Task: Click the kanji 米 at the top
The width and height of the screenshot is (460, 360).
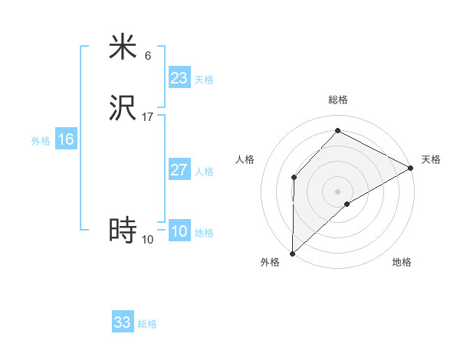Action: [123, 47]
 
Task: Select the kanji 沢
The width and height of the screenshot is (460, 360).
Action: [123, 108]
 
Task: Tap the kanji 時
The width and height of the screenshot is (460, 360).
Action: [123, 231]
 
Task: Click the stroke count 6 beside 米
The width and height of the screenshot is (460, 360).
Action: [148, 56]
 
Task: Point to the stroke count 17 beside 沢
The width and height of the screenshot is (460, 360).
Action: [148, 117]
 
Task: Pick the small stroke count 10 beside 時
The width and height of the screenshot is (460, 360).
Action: [148, 240]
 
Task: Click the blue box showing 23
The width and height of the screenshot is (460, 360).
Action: [179, 78]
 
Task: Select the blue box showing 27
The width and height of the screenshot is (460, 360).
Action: [179, 170]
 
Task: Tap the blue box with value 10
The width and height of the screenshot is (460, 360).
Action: [179, 231]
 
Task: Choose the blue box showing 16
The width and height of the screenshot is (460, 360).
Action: [66, 139]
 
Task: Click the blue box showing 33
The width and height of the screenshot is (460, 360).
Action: [123, 322]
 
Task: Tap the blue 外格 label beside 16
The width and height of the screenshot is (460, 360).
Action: [41, 141]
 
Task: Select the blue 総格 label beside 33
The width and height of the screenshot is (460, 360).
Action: [148, 324]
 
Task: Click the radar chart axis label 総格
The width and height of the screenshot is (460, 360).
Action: [338, 100]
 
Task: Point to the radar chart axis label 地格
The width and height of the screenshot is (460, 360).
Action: [402, 263]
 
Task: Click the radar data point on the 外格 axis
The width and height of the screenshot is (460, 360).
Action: [292, 254]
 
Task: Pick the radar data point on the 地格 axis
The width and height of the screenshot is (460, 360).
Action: [348, 204]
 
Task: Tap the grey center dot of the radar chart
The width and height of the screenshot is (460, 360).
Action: [338, 191]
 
